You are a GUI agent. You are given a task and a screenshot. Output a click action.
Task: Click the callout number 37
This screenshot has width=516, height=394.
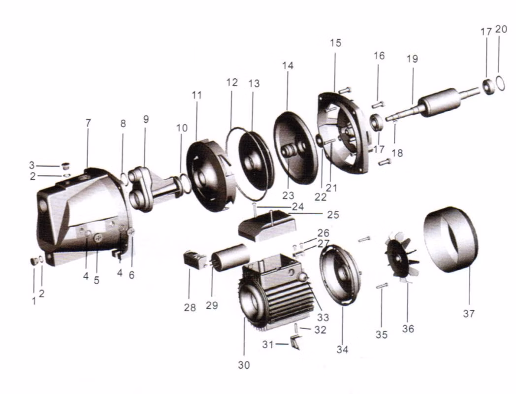tap(469, 313)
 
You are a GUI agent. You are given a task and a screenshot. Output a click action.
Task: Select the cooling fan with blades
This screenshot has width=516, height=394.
tap(401, 257)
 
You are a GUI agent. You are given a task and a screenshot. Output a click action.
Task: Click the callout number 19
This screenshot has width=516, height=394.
tap(412, 59)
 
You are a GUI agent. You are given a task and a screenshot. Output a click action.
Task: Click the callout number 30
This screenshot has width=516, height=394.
tap(244, 365)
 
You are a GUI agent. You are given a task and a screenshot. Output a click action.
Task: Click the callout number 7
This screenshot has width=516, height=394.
tap(88, 123)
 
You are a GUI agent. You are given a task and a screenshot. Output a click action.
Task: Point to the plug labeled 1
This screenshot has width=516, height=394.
tap(34, 262)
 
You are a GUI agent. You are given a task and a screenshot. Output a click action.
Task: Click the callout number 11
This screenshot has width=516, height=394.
tap(196, 95)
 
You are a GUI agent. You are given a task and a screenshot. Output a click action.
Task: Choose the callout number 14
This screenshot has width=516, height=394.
tap(288, 66)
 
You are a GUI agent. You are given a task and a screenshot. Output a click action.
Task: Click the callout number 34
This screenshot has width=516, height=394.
tap(342, 350)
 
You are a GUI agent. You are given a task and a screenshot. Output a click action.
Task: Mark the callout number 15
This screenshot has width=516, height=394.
tap(336, 43)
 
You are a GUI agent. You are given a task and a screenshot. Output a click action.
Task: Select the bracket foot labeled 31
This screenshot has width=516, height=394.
tap(295, 342)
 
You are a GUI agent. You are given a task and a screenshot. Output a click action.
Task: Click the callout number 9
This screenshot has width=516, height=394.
tap(146, 119)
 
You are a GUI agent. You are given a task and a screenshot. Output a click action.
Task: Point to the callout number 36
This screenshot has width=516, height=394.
tap(408, 328)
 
